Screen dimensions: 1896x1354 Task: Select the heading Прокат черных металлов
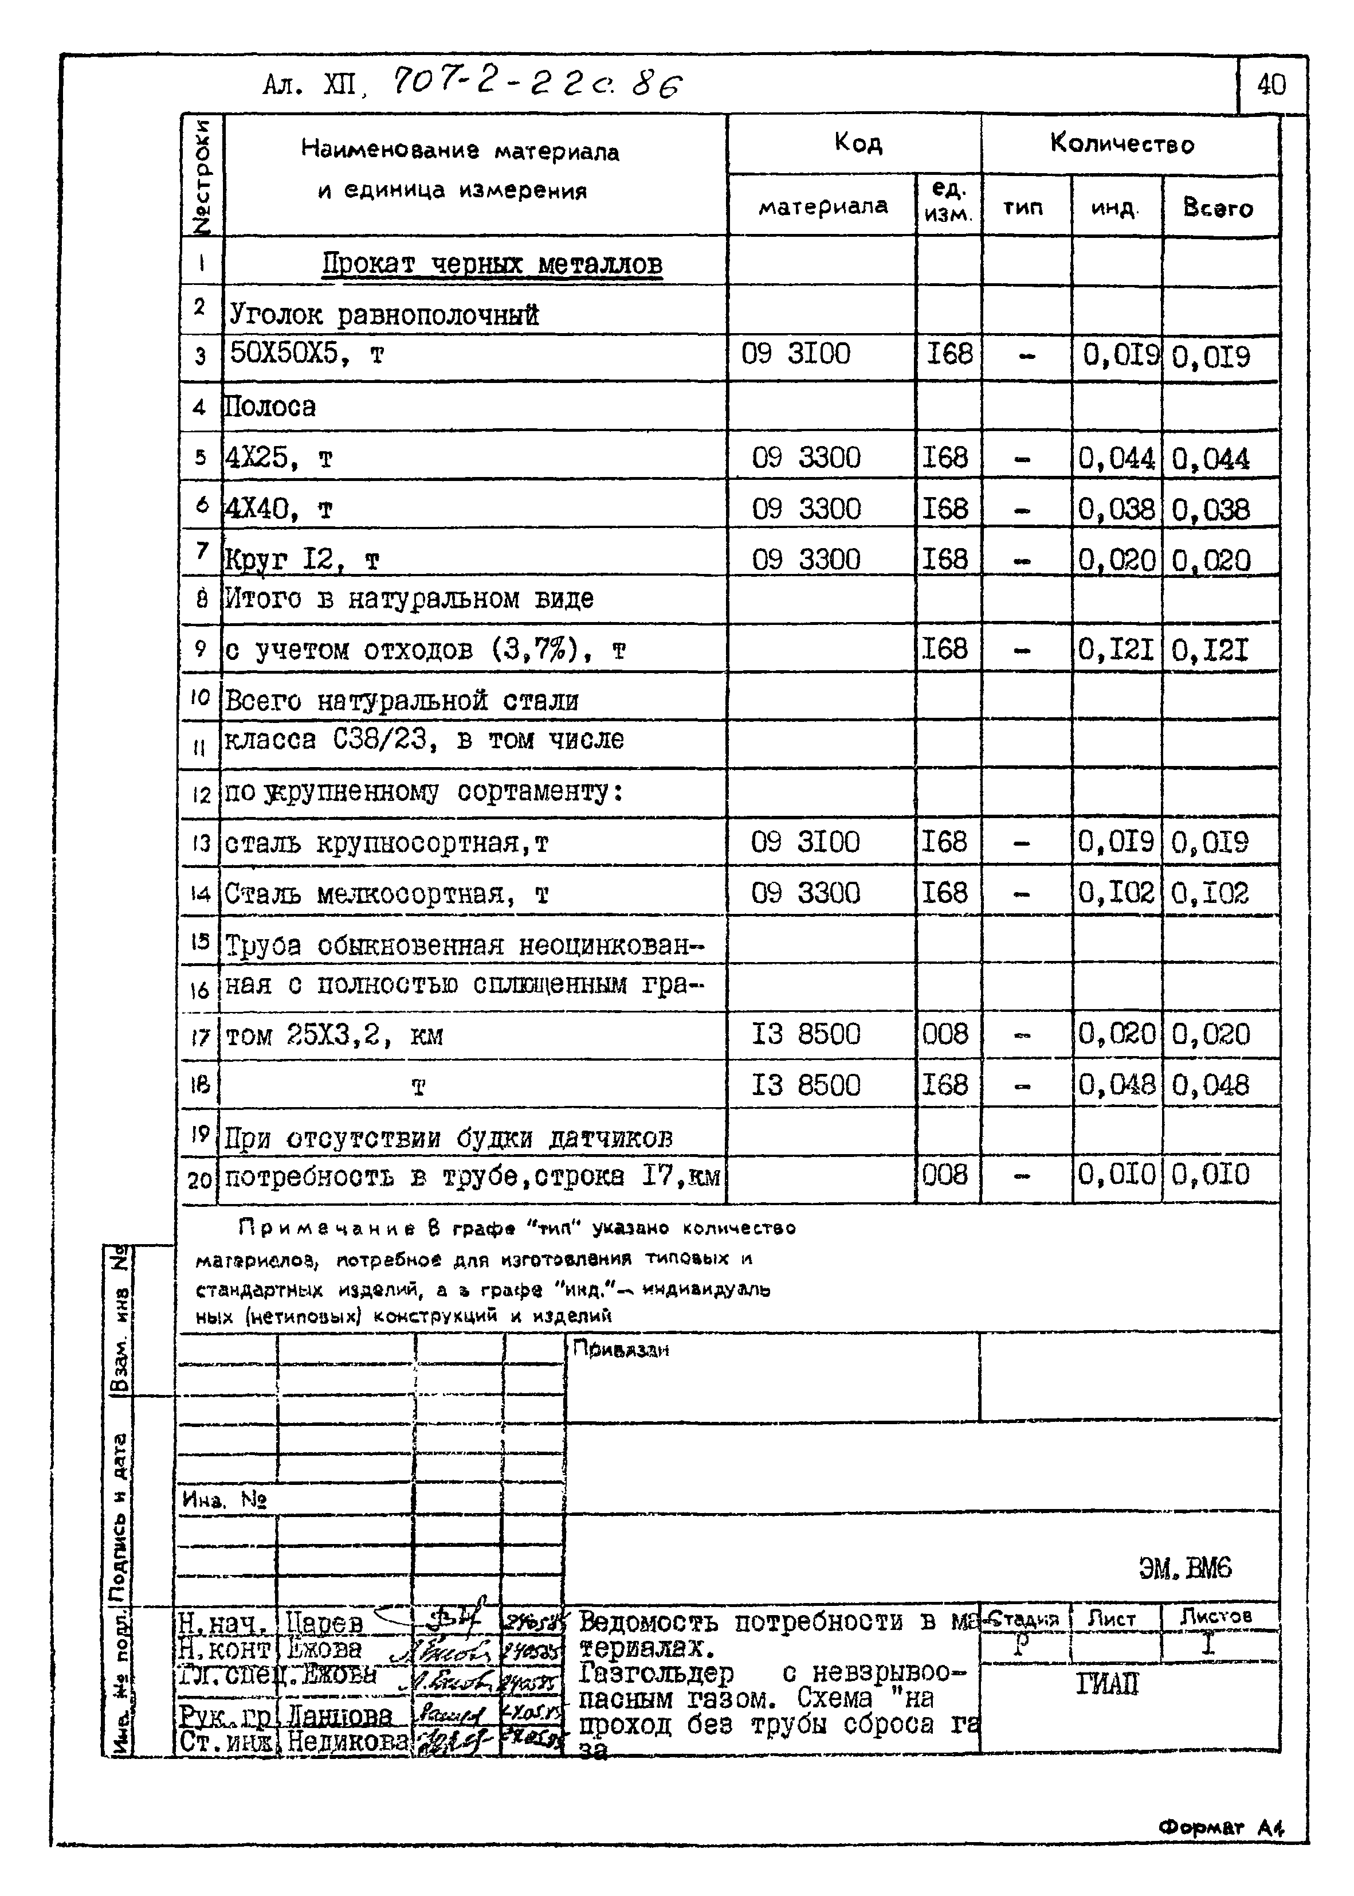click(492, 264)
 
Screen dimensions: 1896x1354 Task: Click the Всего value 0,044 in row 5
click(1211, 459)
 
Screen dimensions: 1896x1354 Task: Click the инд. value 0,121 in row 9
click(1116, 650)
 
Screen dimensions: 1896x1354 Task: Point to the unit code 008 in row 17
click(945, 1034)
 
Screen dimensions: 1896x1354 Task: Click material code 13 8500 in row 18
click(806, 1085)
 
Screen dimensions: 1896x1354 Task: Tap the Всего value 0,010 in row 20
click(1211, 1175)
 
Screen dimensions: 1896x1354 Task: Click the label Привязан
click(621, 1349)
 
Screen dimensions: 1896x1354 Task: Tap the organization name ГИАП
click(1106, 1685)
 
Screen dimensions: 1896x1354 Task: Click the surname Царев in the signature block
click(324, 1623)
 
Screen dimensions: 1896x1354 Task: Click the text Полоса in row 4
click(270, 407)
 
